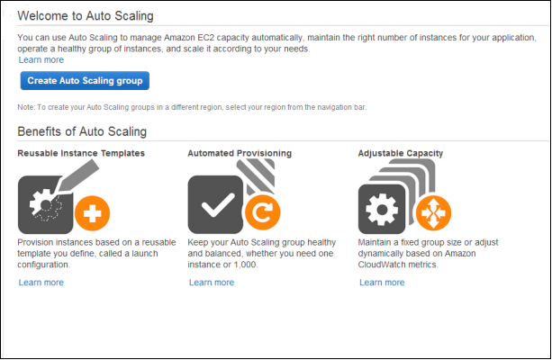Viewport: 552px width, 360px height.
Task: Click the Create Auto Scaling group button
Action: click(x=85, y=81)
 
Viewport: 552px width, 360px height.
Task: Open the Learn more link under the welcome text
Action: click(x=41, y=59)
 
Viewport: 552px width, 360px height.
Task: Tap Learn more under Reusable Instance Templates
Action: click(x=41, y=283)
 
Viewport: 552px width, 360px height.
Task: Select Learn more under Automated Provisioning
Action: click(x=212, y=283)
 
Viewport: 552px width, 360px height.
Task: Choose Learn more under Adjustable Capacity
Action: click(x=382, y=283)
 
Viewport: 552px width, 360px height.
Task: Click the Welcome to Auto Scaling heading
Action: click(x=86, y=16)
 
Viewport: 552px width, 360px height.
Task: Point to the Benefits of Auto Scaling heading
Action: click(x=82, y=131)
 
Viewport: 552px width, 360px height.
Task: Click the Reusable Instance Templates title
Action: click(x=81, y=153)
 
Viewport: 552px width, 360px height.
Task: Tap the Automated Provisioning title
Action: click(x=240, y=153)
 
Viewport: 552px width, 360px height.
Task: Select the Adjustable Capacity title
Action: click(x=401, y=153)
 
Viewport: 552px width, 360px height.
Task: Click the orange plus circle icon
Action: click(x=92, y=213)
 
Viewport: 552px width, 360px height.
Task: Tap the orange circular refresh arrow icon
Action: click(x=263, y=212)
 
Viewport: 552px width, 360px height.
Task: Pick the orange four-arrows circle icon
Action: click(x=433, y=212)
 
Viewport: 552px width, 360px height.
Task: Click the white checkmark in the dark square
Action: click(x=218, y=205)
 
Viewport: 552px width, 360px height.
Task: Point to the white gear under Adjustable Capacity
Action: click(x=382, y=210)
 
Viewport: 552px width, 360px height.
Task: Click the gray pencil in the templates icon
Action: click(x=77, y=176)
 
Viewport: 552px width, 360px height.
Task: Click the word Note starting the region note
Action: click(x=25, y=107)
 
